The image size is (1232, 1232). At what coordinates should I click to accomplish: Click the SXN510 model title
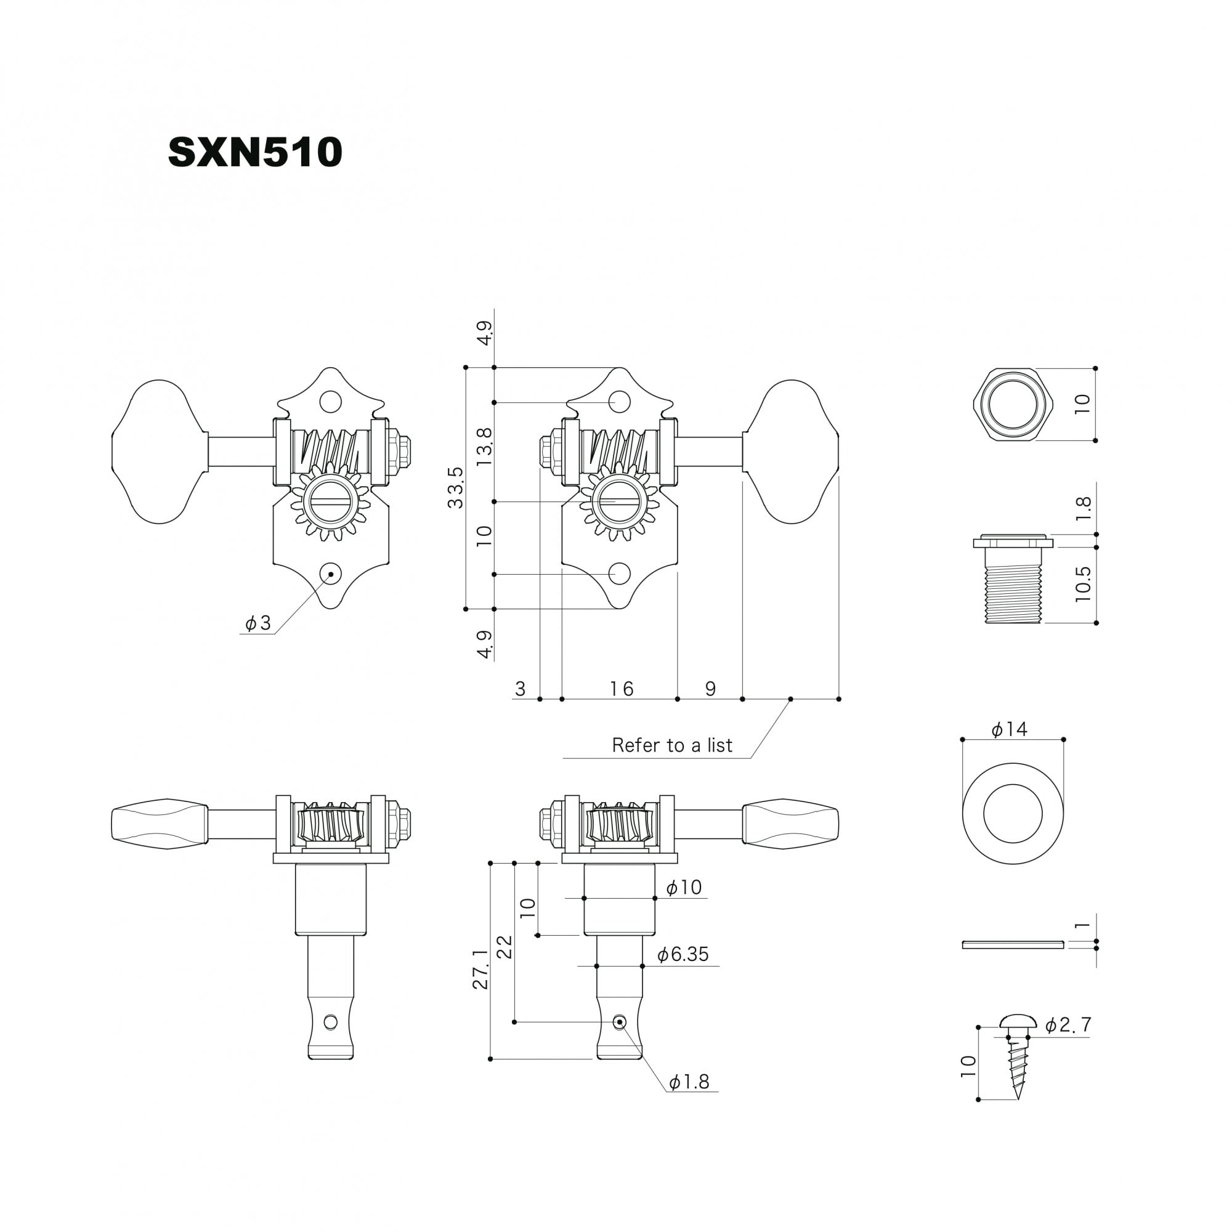255,152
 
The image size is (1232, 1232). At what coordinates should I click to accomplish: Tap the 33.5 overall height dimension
455,487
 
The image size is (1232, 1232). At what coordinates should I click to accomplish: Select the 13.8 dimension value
484,446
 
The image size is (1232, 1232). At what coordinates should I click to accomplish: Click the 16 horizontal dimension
621,689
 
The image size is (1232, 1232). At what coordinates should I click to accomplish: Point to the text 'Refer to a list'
672,745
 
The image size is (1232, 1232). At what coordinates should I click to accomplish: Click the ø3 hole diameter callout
258,623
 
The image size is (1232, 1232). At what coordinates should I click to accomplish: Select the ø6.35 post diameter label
683,954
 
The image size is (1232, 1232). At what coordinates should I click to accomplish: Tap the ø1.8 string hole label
689,1082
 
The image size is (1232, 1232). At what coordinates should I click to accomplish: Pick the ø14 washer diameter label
1010,729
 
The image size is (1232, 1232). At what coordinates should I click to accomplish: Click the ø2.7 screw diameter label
1068,1043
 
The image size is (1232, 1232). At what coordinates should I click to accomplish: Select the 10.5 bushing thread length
1083,584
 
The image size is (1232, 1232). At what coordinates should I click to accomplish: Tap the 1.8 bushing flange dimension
1083,509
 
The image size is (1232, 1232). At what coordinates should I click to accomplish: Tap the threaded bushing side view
1013,578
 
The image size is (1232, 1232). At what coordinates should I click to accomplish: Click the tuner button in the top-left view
160,452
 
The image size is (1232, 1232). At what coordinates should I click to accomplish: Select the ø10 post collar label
684,887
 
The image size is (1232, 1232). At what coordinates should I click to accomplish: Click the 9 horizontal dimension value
710,689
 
